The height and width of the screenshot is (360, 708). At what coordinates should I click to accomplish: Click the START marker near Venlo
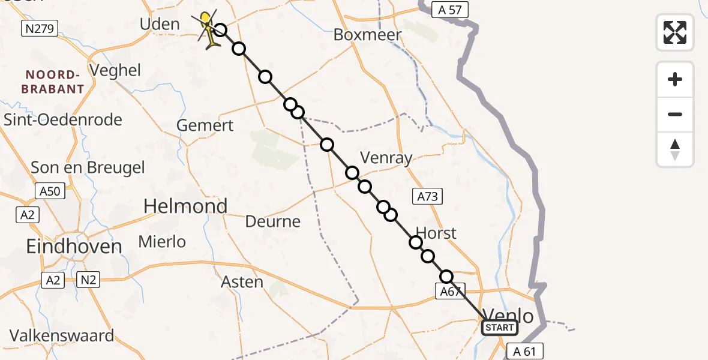tap(499, 328)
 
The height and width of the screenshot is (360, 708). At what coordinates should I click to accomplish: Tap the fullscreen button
tap(675, 32)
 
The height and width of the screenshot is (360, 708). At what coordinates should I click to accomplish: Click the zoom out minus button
tap(675, 114)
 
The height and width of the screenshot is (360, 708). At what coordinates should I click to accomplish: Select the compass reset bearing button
tap(675, 149)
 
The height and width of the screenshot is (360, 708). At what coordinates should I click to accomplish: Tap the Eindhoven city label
tap(74, 246)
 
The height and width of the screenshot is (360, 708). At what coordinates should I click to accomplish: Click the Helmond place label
tap(185, 206)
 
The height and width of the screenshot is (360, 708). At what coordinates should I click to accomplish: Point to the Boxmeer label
tap(367, 35)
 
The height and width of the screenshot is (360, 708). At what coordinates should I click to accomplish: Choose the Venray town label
tap(386, 158)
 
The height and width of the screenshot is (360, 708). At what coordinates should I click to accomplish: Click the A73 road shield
tap(428, 196)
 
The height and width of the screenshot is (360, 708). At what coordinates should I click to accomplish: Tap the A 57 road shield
tap(449, 10)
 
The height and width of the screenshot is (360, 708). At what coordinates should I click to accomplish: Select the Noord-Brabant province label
tap(53, 82)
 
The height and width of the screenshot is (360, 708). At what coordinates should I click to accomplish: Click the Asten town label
tap(242, 281)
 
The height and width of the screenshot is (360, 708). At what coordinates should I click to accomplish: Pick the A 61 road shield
tap(521, 351)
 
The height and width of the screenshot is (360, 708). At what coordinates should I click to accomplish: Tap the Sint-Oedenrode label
tap(62, 119)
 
